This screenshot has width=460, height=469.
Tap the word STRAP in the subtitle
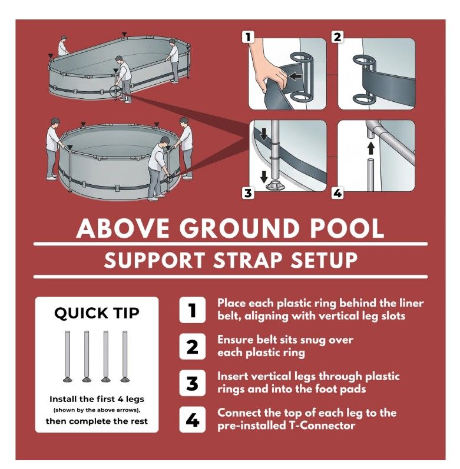[247, 260]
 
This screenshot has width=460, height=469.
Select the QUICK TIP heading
[97, 314]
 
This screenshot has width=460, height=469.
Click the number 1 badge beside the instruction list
[192, 310]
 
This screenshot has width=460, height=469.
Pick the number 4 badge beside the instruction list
[192, 420]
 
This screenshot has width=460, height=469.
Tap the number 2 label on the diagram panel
[337, 37]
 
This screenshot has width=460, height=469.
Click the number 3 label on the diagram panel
[248, 193]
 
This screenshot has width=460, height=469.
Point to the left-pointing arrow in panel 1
[295, 76]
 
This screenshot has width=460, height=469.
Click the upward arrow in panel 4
[371, 148]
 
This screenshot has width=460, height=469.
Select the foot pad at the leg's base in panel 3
[274, 185]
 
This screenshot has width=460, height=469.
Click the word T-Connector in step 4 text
[322, 425]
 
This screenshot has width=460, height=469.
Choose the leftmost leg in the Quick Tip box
[68, 356]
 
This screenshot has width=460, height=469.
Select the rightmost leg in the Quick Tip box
[125, 356]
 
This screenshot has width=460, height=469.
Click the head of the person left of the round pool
[55, 122]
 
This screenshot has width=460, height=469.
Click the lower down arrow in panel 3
[264, 177]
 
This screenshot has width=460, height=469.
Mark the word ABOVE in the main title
[123, 228]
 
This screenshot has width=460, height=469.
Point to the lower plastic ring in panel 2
[363, 99]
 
